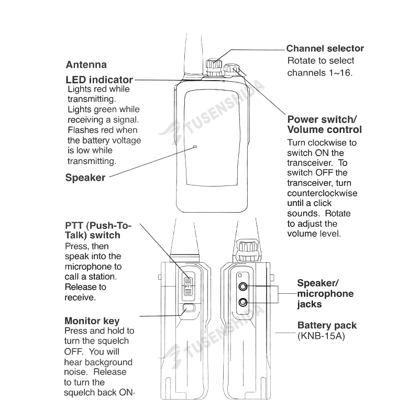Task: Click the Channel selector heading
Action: [325, 49]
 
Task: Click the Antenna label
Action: [86, 65]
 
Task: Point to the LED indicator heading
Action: [99, 80]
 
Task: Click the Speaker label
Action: [85, 178]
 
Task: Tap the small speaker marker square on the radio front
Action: [195, 147]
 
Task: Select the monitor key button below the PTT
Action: [189, 310]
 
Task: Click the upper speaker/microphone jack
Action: [243, 286]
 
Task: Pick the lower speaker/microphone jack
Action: [243, 302]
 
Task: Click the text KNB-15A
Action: [321, 336]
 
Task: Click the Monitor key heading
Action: [92, 321]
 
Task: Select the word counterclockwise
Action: [322, 193]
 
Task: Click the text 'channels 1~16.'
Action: [320, 73]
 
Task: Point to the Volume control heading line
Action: [324, 129]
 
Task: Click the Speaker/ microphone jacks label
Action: [325, 293]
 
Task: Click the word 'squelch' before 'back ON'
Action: [80, 393]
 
